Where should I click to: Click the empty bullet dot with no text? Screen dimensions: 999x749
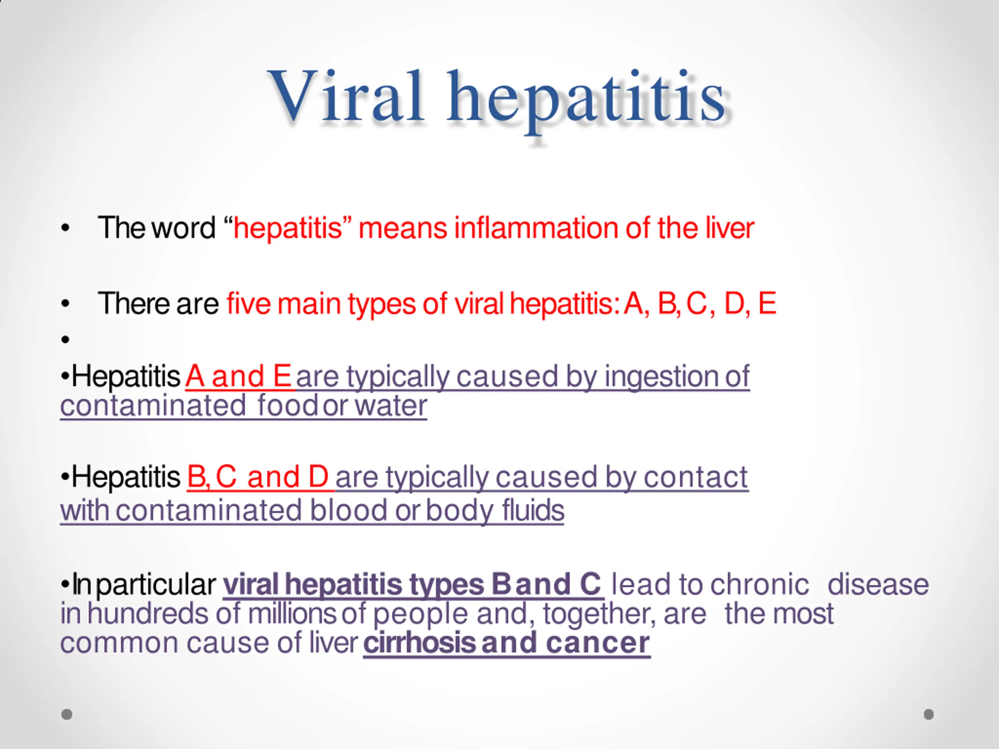click(66, 339)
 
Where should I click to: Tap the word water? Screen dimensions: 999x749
click(391, 405)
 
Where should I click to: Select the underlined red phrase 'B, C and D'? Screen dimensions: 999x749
click(258, 477)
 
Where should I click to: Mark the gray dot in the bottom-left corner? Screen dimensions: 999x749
click(67, 714)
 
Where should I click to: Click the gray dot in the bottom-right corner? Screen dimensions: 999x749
click(928, 714)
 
